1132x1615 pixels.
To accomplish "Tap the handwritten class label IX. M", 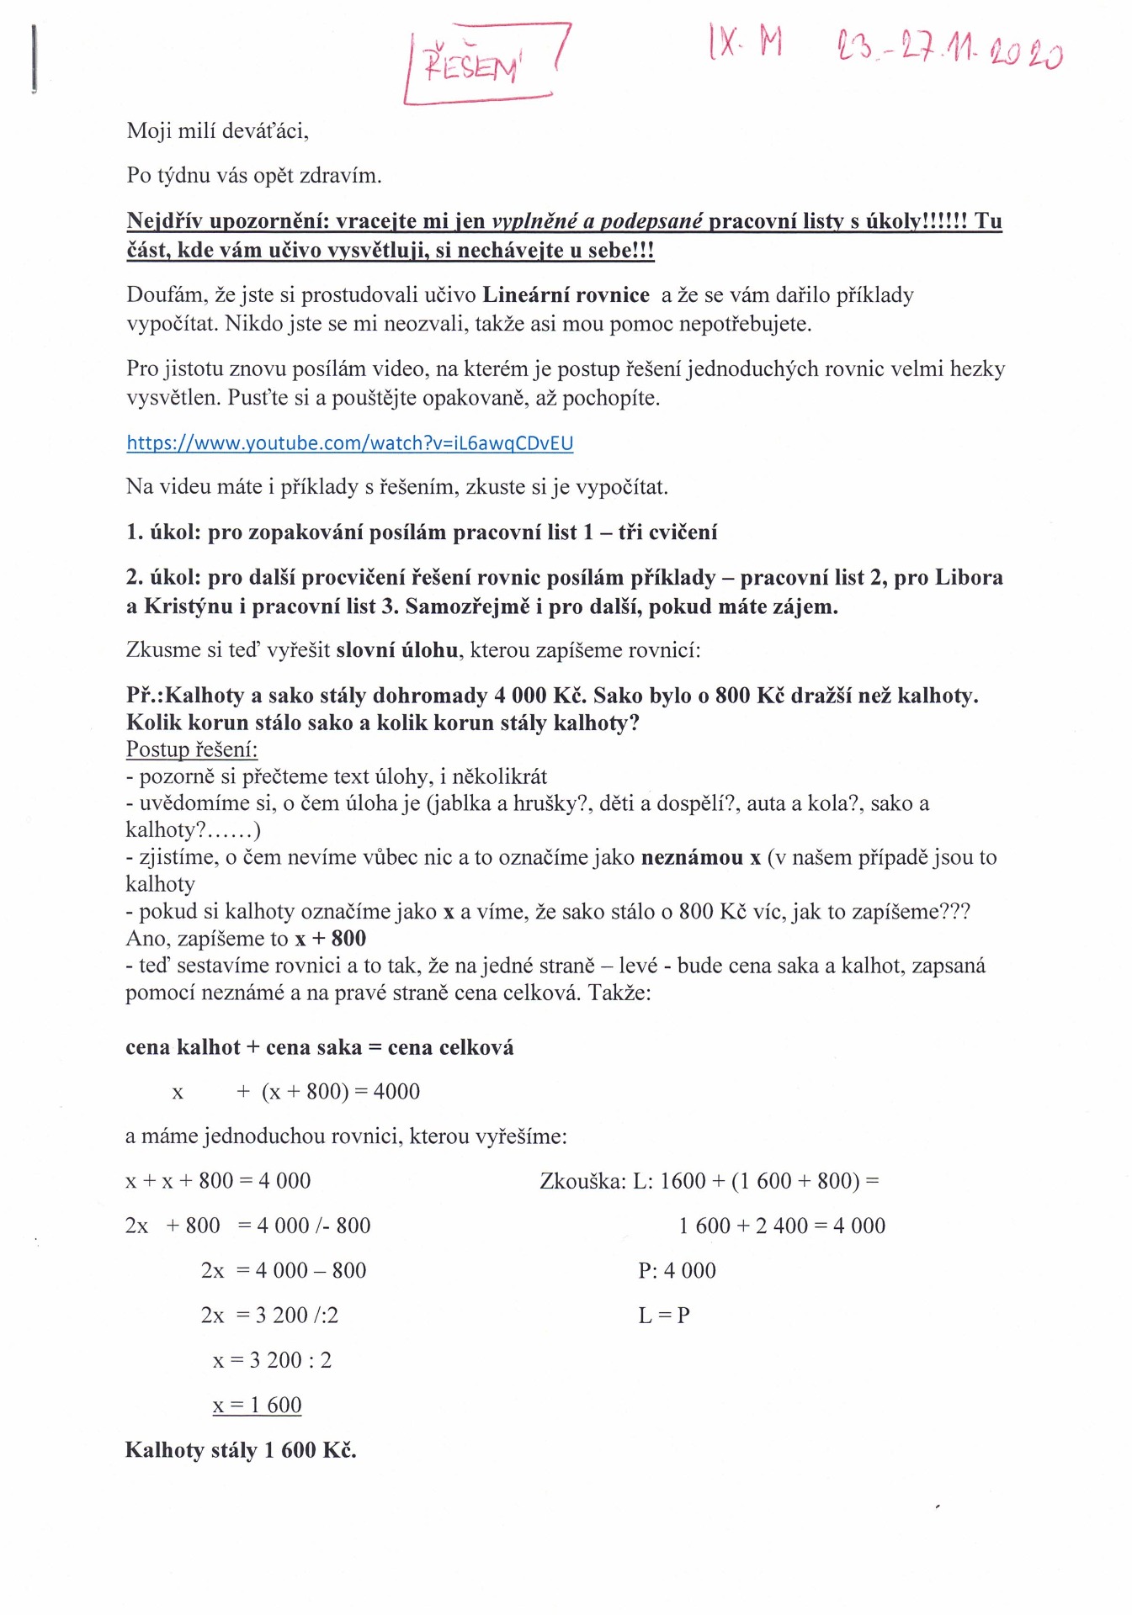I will pyautogui.click(x=746, y=42).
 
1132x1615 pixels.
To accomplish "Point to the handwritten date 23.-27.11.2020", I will pyautogui.click(x=949, y=50).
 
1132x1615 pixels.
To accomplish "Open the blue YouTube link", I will pyautogui.click(x=349, y=443).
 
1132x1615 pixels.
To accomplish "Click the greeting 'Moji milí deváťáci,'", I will pyautogui.click(x=218, y=131).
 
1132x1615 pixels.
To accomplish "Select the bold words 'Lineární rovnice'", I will pyautogui.click(x=566, y=295).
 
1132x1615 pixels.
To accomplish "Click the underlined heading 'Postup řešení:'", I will pyautogui.click(x=192, y=749).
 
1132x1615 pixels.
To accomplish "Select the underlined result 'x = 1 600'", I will pyautogui.click(x=257, y=1406).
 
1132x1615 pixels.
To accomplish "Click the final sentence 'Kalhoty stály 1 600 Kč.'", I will pyautogui.click(x=241, y=1450).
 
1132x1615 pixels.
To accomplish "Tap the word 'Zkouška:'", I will pyautogui.click(x=582, y=1181).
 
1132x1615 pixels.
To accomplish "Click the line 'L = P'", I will pyautogui.click(x=664, y=1316).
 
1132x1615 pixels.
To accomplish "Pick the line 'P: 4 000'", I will pyautogui.click(x=677, y=1271).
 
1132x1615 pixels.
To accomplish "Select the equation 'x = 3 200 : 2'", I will pyautogui.click(x=272, y=1360).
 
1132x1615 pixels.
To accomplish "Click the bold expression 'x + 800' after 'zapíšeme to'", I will pyautogui.click(x=330, y=939).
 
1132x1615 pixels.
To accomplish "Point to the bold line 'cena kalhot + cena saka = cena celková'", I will pyautogui.click(x=319, y=1047).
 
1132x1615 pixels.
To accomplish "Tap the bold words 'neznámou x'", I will pyautogui.click(x=700, y=858).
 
